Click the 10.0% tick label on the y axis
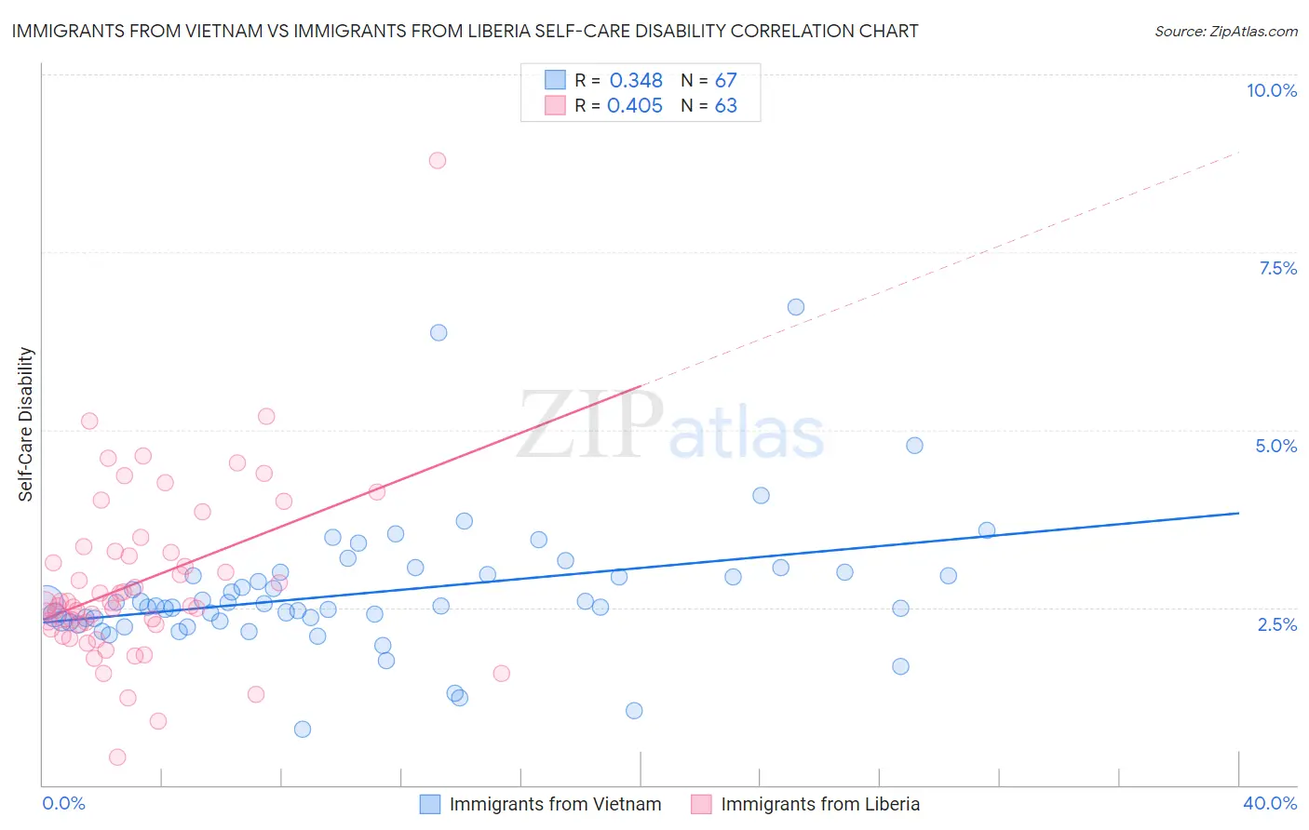pos(1271,90)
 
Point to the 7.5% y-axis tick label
pos(1277,268)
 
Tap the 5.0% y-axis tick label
pos(1275,446)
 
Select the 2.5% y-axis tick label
pos(1276,624)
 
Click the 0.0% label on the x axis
pos(63,803)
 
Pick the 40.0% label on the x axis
pos(1269,803)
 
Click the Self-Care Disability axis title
pos(26,424)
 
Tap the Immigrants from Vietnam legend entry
pos(555,804)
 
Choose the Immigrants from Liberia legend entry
pos(819,804)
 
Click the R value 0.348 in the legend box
pos(636,81)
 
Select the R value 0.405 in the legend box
pos(634,106)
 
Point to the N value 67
pos(725,81)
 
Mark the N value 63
pos(725,106)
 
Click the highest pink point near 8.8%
pos(438,160)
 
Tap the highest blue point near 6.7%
pos(796,307)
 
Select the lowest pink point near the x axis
pos(117,757)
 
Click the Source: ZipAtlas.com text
pos(1225,32)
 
